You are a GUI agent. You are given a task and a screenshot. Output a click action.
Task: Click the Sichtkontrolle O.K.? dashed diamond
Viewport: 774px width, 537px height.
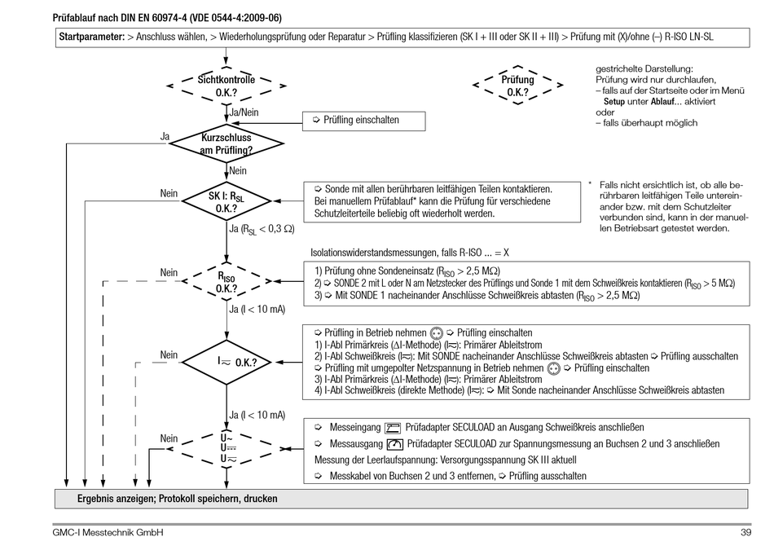click(x=226, y=86)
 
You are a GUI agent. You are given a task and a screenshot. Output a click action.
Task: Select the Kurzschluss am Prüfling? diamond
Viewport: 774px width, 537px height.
click(x=226, y=144)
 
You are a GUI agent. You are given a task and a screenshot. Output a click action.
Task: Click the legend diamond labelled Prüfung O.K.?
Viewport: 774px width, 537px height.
click(x=517, y=86)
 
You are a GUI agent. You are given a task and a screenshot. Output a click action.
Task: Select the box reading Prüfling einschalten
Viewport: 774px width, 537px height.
click(x=363, y=120)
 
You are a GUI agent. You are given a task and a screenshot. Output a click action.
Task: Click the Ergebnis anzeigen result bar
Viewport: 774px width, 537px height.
click(x=177, y=498)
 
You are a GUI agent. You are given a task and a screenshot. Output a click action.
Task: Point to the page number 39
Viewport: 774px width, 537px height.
click(x=745, y=532)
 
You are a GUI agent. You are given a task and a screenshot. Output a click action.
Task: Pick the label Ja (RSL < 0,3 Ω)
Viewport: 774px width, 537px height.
click(x=263, y=229)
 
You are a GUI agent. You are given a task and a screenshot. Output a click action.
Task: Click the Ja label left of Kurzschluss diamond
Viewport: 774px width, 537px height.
click(x=165, y=137)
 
